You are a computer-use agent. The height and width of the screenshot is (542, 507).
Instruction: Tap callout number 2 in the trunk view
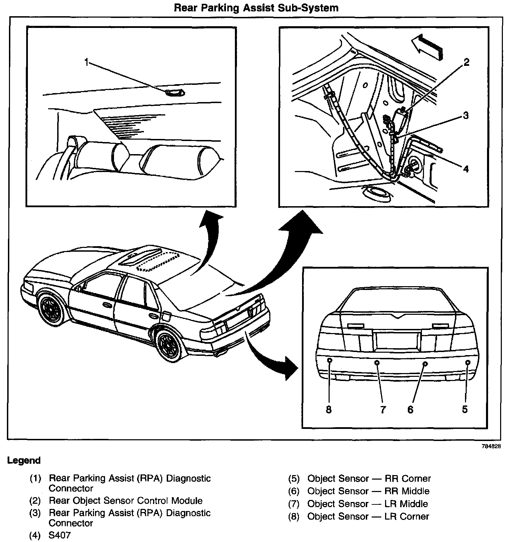point(466,62)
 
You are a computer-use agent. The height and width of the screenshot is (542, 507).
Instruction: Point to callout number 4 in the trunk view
point(466,169)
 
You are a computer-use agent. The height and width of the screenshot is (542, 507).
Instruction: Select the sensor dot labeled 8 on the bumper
point(329,360)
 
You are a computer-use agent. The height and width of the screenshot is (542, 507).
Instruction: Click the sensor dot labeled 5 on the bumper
point(468,362)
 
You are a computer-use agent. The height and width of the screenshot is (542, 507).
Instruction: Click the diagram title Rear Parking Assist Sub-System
point(256,8)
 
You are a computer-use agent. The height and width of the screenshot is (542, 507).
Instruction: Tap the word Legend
point(24,460)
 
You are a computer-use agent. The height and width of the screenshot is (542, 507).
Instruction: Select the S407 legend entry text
point(60,535)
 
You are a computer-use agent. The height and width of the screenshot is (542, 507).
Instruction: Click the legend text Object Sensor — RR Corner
point(369,479)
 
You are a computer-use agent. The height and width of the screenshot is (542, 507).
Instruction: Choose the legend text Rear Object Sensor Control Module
point(126,501)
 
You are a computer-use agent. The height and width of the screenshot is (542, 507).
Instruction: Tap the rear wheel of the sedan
point(169,344)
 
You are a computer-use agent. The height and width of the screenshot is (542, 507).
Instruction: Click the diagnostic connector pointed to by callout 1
point(174,92)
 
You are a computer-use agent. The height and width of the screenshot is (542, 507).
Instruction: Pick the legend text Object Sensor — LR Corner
point(368,516)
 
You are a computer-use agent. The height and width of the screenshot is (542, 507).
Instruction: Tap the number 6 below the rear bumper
point(410,410)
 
